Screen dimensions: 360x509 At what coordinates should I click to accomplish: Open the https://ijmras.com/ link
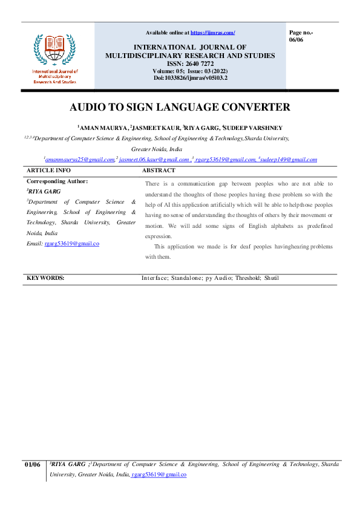click(213, 32)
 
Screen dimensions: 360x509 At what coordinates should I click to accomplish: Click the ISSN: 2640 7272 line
click(190, 63)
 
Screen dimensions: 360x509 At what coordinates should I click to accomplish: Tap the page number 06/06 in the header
click(296, 39)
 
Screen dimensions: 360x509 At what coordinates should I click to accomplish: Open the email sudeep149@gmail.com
click(289, 160)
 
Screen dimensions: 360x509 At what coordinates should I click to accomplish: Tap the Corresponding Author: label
click(57, 181)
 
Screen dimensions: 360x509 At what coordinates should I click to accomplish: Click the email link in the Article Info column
click(71, 243)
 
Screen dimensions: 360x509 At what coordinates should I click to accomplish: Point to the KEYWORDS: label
click(45, 278)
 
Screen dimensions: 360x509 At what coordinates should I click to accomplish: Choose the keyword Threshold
click(241, 278)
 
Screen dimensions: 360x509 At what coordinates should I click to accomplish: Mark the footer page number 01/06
click(32, 464)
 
